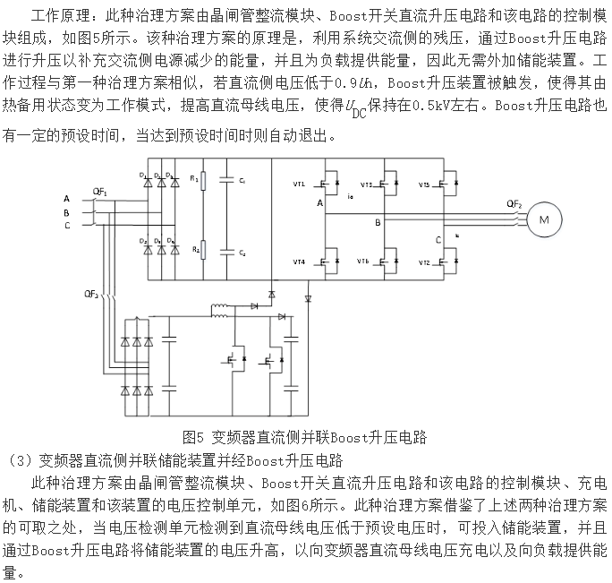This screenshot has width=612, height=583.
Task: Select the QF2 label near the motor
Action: click(x=514, y=205)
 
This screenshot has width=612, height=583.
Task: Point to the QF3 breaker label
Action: click(x=90, y=293)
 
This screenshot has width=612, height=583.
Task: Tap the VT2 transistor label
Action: click(x=424, y=262)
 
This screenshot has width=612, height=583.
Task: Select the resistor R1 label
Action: click(x=192, y=179)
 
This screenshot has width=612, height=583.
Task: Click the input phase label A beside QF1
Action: click(x=66, y=198)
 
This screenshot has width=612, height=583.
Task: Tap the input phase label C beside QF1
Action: click(x=66, y=227)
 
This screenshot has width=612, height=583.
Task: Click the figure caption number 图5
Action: click(x=195, y=438)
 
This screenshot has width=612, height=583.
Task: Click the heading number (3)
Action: click(x=17, y=461)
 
